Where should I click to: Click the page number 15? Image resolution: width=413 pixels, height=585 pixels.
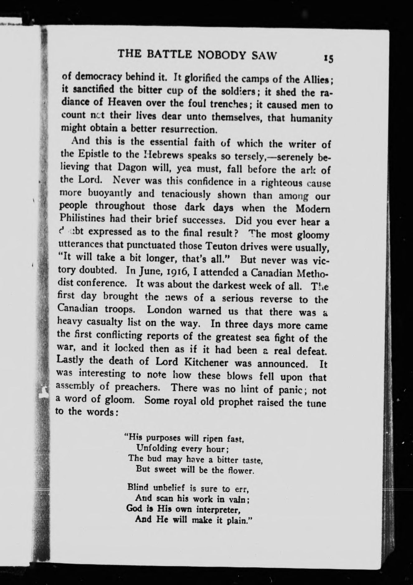[329, 58]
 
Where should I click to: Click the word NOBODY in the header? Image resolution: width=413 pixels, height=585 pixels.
[221, 55]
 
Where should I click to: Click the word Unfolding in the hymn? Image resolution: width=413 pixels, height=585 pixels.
[157, 448]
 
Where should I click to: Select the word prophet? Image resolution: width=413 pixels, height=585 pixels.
[235, 402]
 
